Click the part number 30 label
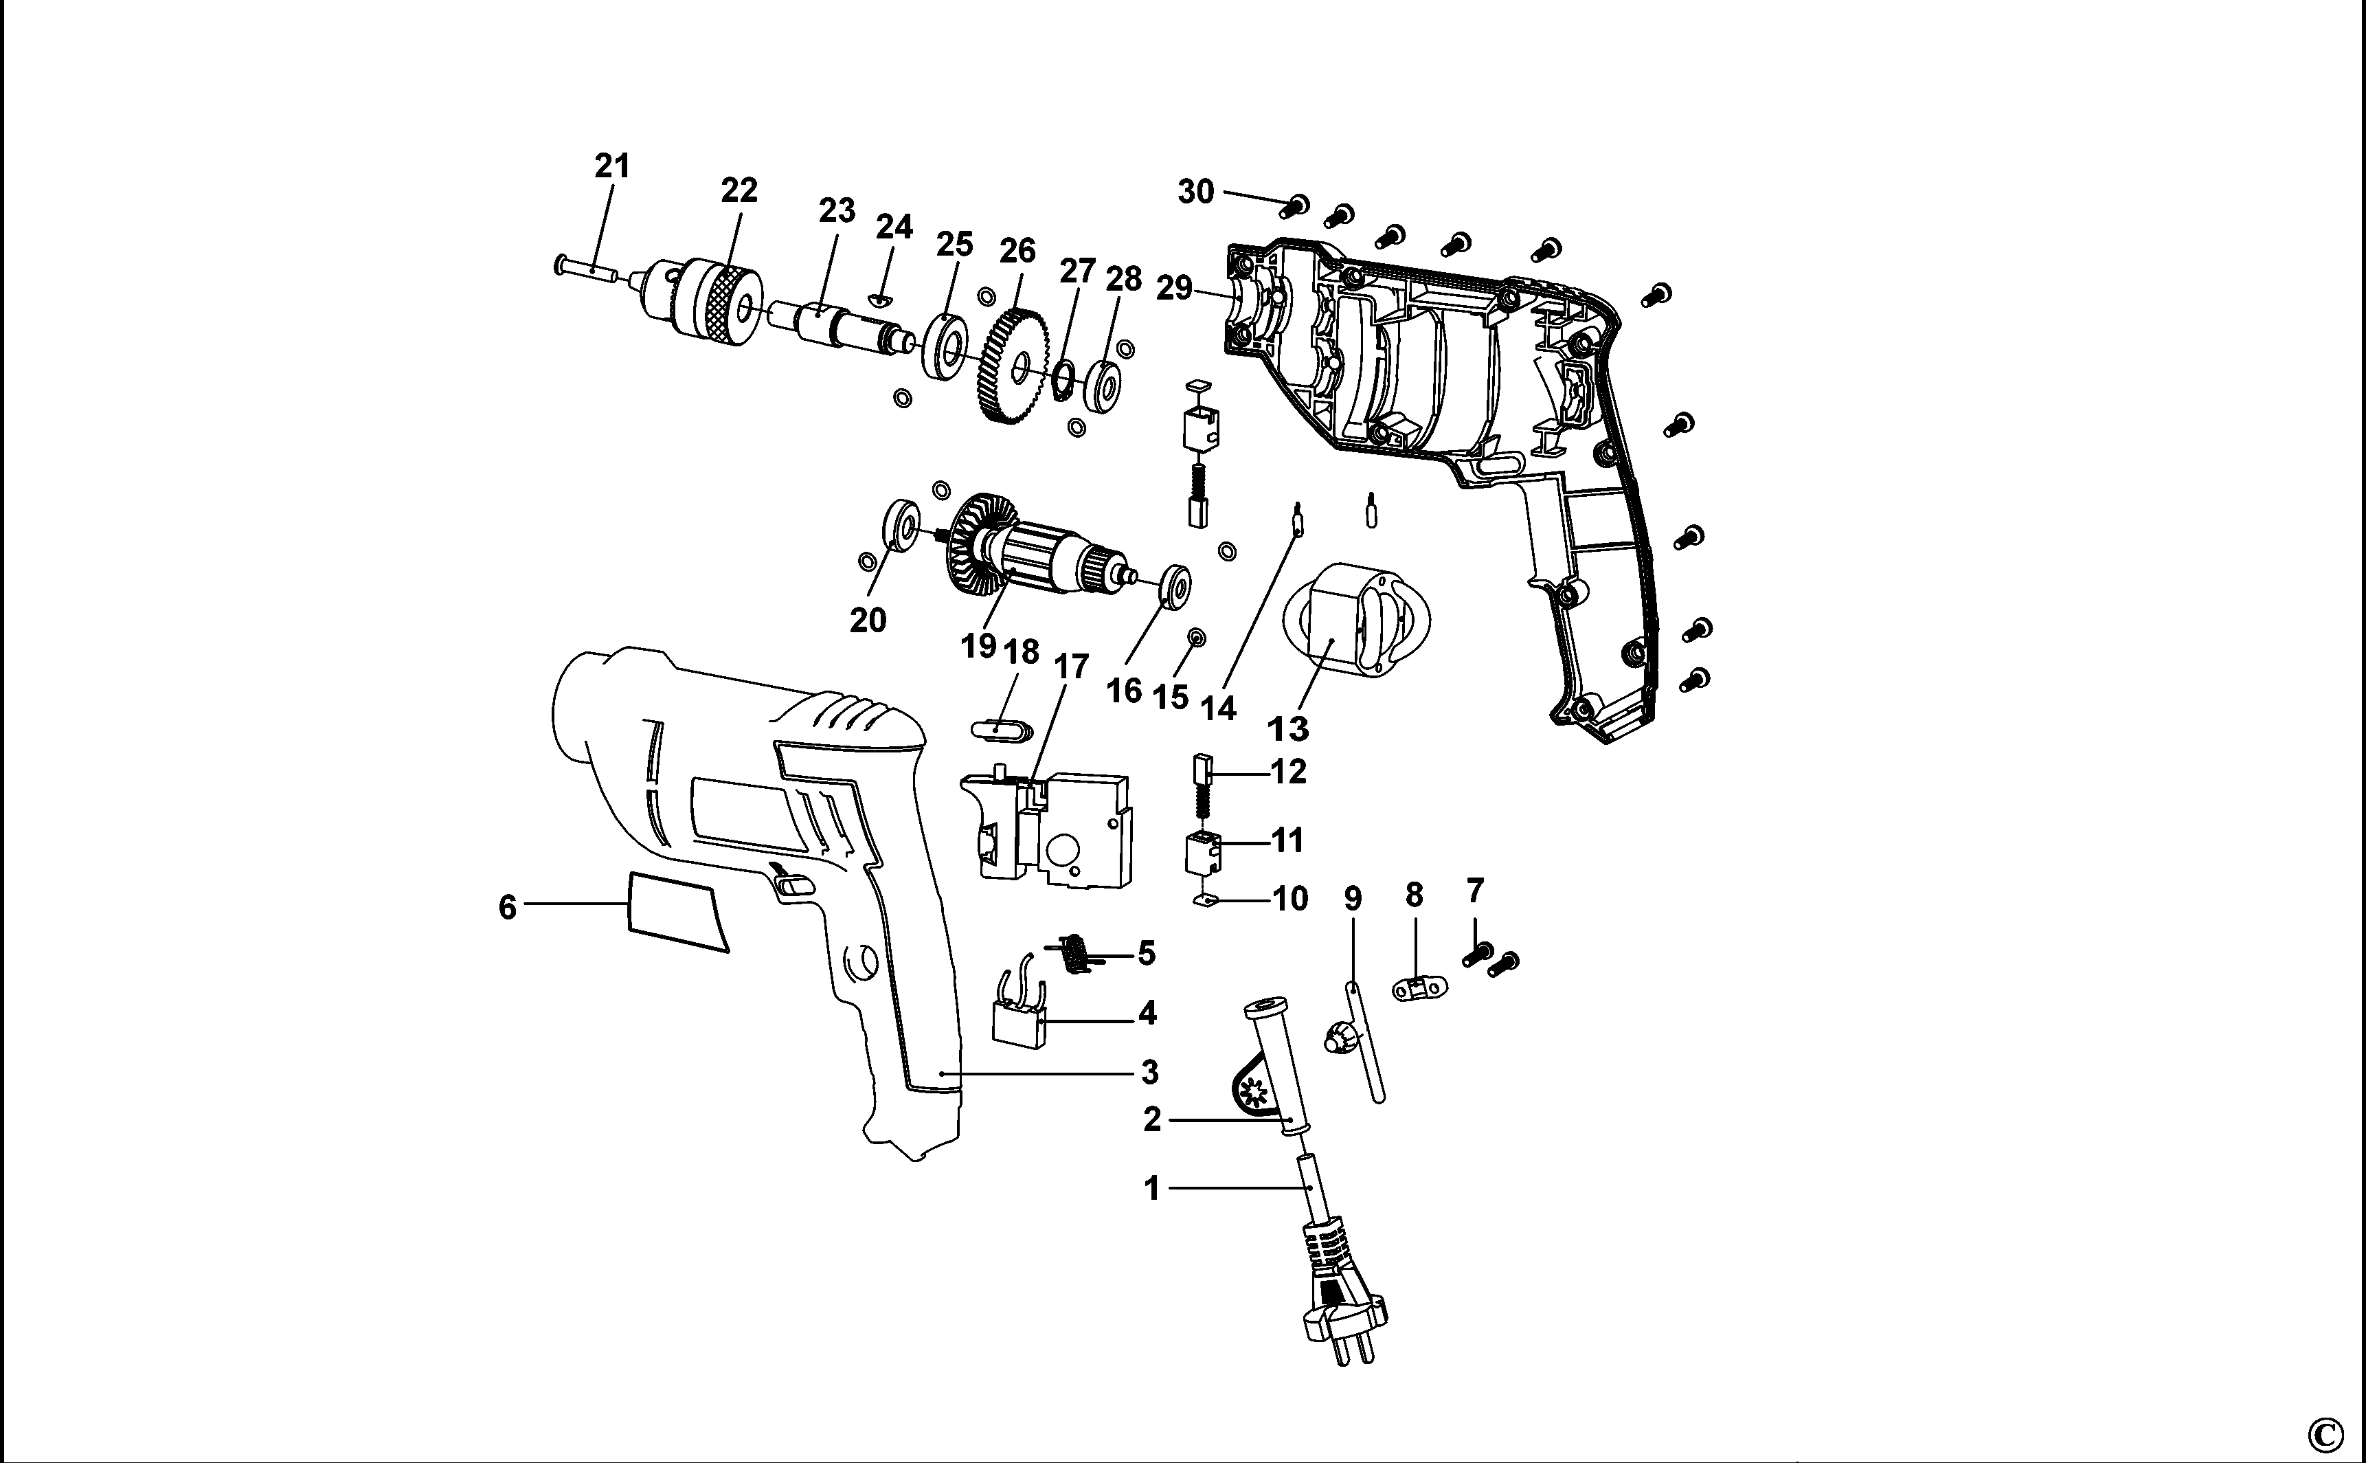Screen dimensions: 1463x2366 [x=1195, y=192]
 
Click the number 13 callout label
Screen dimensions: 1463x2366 [x=1287, y=728]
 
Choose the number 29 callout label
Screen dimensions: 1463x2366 [x=1173, y=289]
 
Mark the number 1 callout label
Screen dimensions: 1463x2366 [x=1152, y=1187]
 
